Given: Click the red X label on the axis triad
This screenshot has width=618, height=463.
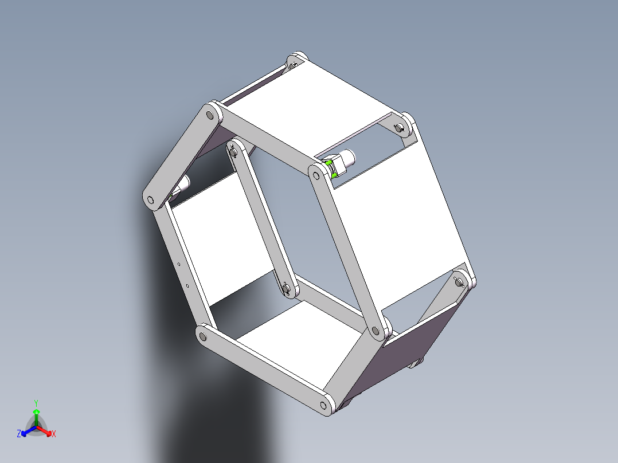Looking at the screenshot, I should click(x=54, y=434).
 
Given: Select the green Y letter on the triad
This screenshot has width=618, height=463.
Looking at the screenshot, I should click(x=36, y=403).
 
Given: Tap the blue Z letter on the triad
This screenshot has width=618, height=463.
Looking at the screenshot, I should click(x=19, y=434).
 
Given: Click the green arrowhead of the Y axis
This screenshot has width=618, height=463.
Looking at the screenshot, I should click(x=36, y=412).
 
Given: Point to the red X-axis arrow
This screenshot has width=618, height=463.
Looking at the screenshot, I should click(x=48, y=431).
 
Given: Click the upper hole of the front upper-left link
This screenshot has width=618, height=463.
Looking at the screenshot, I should click(x=210, y=115).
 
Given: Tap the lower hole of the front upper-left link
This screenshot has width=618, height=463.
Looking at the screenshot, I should click(x=151, y=201).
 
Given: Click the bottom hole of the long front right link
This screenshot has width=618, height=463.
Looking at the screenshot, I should click(x=376, y=331).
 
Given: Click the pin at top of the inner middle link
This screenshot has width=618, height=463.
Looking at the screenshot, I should click(x=234, y=152).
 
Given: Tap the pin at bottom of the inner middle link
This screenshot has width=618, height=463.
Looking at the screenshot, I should click(x=287, y=288).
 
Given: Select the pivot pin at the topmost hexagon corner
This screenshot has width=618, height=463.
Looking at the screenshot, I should click(x=294, y=62).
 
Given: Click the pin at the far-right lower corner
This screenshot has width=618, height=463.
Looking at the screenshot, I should click(x=459, y=281).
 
